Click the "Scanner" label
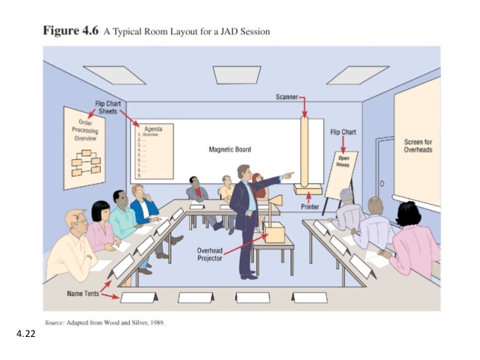[287, 98]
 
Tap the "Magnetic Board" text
[229, 150]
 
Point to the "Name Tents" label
[82, 293]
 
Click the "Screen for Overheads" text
[418, 146]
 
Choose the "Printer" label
[311, 207]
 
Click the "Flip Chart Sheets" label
[106, 107]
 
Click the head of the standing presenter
[243, 172]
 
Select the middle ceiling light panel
[236, 74]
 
